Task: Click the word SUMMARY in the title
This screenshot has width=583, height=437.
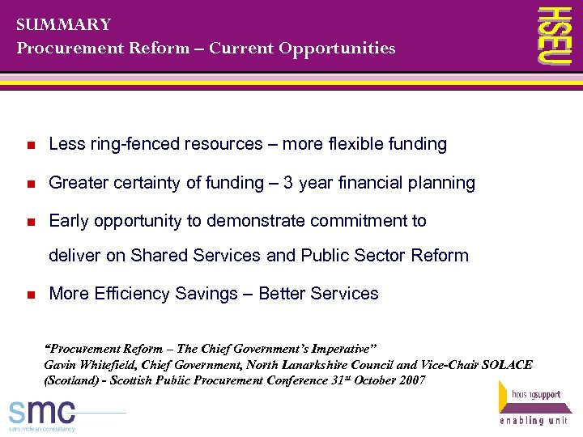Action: click(63, 24)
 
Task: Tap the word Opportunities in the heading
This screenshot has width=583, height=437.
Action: click(337, 49)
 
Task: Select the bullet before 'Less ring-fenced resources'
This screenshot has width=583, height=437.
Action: click(29, 146)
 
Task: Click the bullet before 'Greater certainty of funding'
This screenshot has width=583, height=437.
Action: click(29, 184)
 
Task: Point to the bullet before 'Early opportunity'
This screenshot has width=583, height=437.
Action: click(29, 222)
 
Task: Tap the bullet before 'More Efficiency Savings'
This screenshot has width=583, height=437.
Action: click(29, 295)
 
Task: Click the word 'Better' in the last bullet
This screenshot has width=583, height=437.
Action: click(283, 294)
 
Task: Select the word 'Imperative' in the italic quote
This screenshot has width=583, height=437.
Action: click(337, 349)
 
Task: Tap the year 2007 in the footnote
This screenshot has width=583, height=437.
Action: click(411, 380)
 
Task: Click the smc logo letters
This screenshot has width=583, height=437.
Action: click(41, 411)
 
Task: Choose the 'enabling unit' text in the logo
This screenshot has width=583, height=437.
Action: click(535, 422)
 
